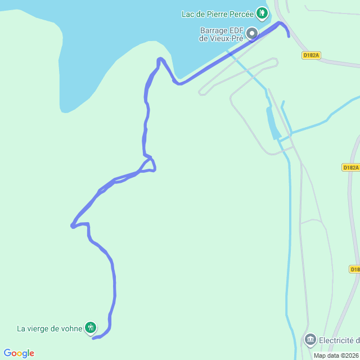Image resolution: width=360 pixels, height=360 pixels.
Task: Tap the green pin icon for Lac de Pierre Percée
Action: pos(262,12)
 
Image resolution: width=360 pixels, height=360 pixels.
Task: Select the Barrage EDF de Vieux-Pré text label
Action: pos(221,34)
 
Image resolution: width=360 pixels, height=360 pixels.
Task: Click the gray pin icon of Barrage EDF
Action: pos(252,34)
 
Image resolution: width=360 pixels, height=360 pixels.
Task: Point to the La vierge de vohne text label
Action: pos(49,329)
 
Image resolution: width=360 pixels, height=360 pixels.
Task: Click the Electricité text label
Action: pos(339,340)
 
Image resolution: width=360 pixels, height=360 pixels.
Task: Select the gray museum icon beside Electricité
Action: pos(310,340)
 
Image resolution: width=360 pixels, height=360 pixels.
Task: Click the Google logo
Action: pos(19,353)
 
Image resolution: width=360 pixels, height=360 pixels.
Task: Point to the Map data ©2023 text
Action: pos(336,355)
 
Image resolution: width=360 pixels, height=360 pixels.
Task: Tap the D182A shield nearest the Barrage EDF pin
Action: pos(311,55)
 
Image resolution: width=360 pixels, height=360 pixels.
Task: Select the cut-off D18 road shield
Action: pos(354,269)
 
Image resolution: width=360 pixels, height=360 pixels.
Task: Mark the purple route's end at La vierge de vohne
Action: pos(93,338)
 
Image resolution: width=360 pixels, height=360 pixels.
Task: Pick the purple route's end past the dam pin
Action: pos(289,36)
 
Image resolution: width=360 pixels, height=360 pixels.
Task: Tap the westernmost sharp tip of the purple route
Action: pos(72,226)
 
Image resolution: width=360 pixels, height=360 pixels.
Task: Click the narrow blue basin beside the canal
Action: pos(273,123)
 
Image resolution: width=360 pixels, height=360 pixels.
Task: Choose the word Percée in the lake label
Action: pos(244,13)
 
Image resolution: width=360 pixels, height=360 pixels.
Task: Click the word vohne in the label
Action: pos(71,329)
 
